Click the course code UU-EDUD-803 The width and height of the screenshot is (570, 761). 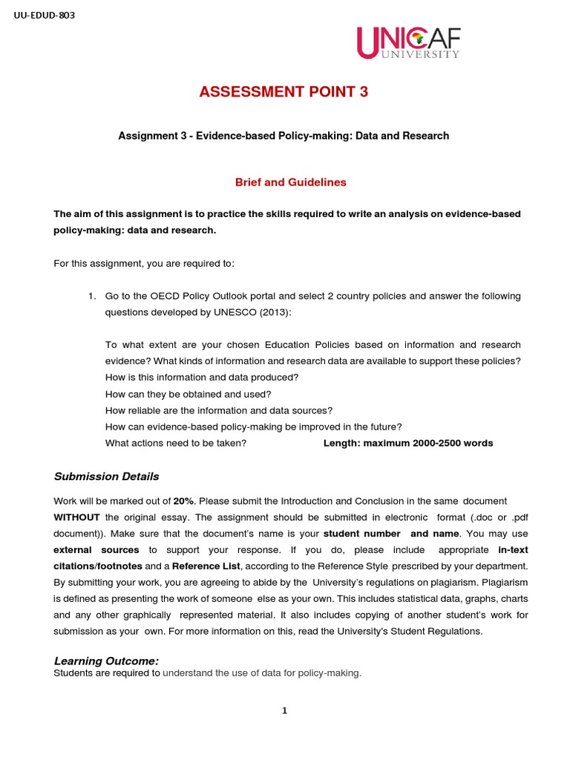44,14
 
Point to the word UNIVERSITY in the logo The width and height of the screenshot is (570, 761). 420,54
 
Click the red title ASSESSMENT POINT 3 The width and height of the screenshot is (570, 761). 284,92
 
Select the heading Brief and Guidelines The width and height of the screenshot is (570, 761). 280,182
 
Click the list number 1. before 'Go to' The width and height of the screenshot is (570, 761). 92,296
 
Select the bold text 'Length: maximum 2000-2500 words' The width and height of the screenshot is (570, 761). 408,443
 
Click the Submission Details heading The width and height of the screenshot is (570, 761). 106,476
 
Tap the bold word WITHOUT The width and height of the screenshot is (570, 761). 76,517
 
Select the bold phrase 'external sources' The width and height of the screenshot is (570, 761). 96,550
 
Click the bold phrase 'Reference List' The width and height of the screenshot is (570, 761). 206,566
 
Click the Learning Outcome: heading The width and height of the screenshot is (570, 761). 106,661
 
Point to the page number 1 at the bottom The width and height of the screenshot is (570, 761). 284,710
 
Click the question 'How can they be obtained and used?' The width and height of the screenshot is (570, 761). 189,394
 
